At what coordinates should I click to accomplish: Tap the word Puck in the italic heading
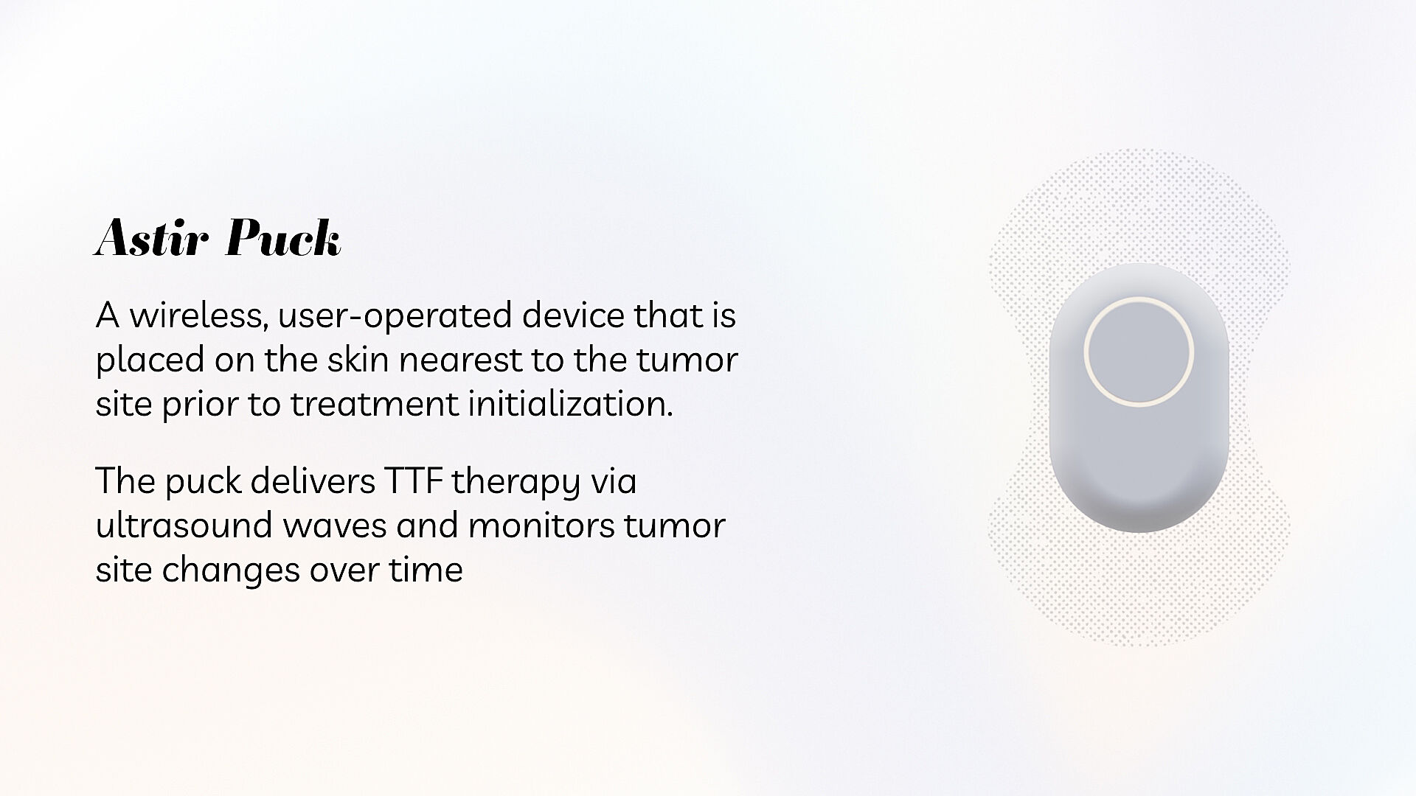[x=283, y=237]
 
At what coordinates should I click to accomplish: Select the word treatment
[x=374, y=405]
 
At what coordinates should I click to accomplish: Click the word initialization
[x=570, y=404]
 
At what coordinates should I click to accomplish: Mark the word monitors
[x=541, y=526]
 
